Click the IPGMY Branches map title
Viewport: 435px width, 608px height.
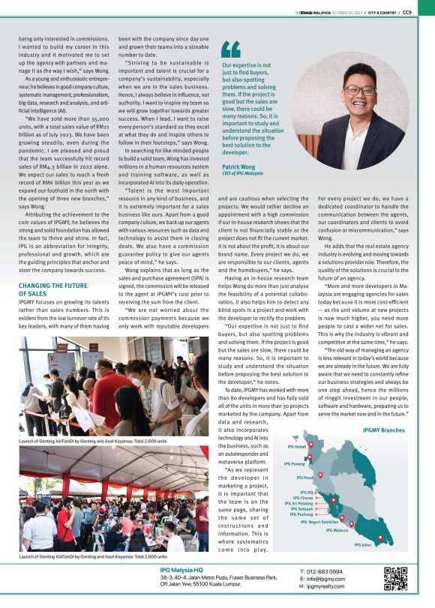point(383,431)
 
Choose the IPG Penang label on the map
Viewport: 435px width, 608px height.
point(293,464)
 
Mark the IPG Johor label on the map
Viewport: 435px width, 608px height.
point(364,545)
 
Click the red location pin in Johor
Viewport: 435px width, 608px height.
point(379,538)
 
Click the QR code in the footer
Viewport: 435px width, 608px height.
point(396,580)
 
